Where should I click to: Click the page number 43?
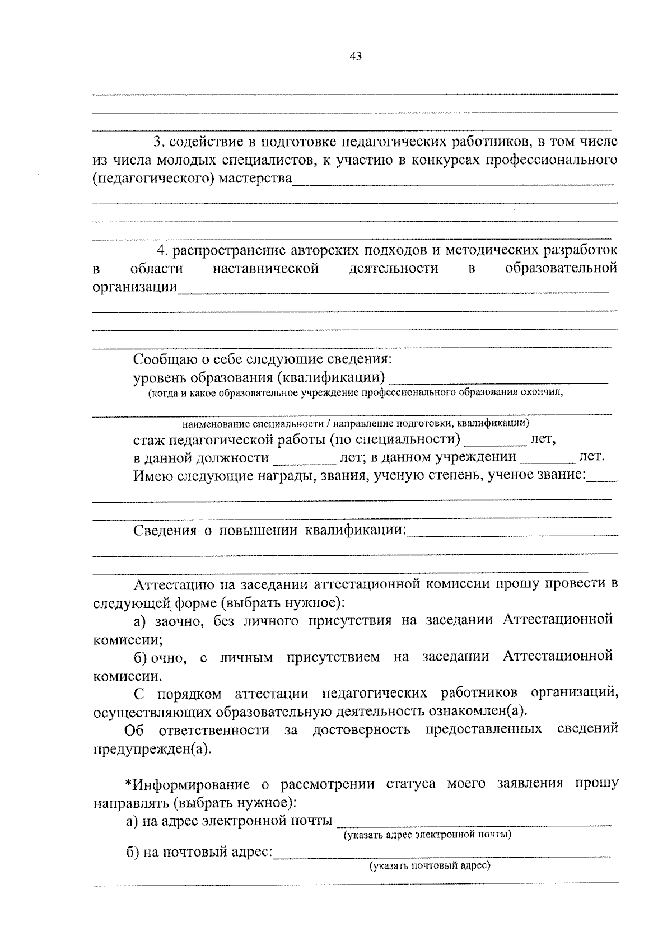pos(355,56)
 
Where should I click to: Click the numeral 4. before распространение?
pos(162,249)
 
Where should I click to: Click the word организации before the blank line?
pos(134,288)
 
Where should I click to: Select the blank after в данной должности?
pos(303,458)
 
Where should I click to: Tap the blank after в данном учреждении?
pos(547,457)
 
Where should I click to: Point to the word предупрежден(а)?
pos(152,749)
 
